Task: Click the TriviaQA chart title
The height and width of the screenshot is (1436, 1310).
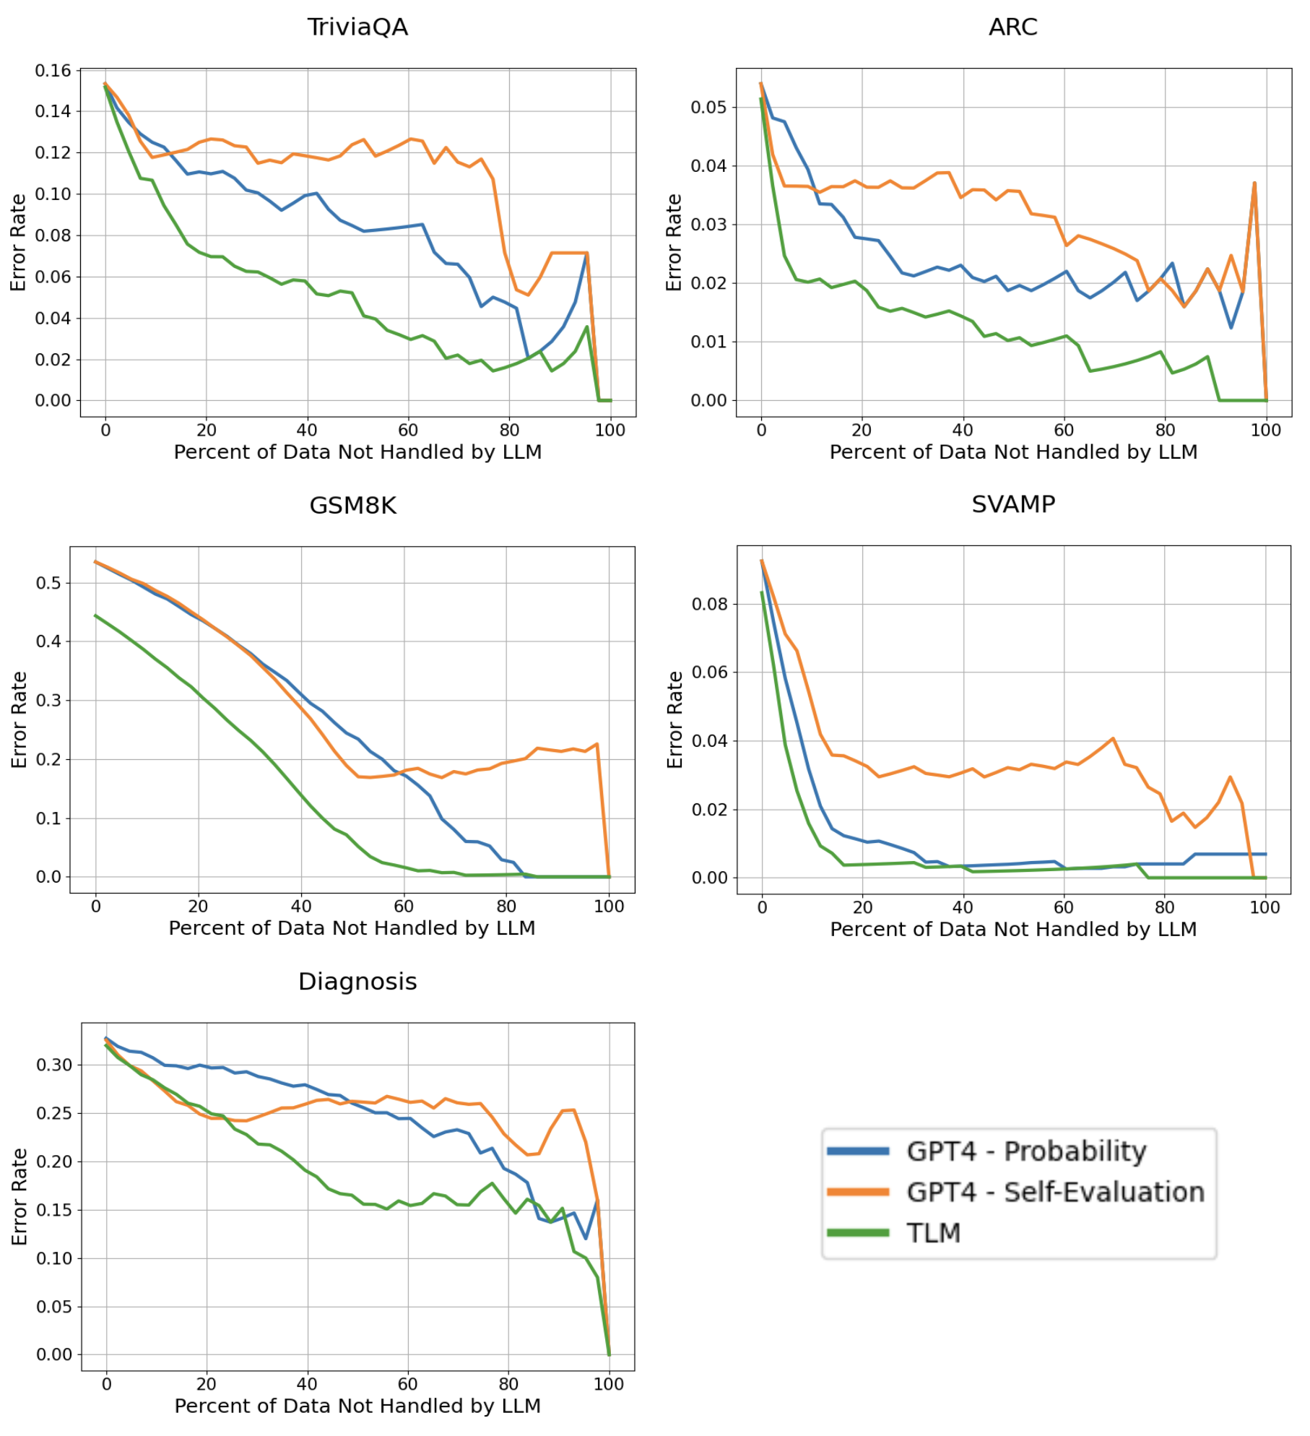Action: [x=357, y=27]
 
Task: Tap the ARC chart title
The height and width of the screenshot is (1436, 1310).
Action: [x=1012, y=27]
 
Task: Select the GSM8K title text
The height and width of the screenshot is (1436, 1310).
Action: [x=352, y=505]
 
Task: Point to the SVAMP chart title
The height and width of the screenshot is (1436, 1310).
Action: [x=1012, y=503]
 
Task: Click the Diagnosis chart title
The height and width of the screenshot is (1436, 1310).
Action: [x=357, y=981]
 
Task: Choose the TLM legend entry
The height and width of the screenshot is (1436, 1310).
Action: [x=933, y=1233]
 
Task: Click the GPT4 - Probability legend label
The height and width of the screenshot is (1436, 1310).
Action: [x=1025, y=1151]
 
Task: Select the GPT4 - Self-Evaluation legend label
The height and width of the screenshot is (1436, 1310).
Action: [x=1055, y=1192]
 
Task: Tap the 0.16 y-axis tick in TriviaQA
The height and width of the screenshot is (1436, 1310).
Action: [x=53, y=71]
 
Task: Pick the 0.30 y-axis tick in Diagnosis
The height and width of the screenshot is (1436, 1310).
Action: [x=54, y=1065]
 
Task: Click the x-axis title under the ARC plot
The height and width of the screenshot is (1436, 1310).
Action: [x=1012, y=452]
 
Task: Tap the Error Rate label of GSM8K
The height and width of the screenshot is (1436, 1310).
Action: [x=19, y=719]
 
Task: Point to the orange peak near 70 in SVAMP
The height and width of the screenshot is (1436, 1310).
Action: [x=1113, y=738]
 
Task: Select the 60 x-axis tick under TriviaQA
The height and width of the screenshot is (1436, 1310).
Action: [x=408, y=431]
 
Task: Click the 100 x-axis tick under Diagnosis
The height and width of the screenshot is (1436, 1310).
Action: [x=608, y=1384]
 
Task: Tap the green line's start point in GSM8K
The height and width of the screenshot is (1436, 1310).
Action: [x=96, y=615]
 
